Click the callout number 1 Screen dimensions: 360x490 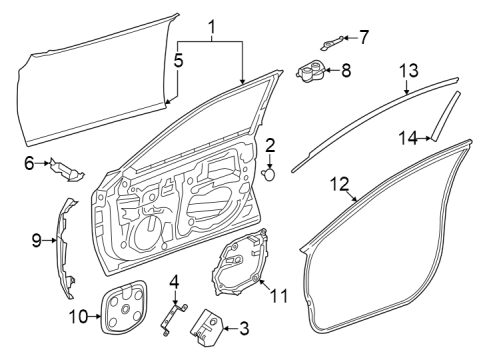(210, 25)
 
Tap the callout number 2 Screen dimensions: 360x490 (270, 146)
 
